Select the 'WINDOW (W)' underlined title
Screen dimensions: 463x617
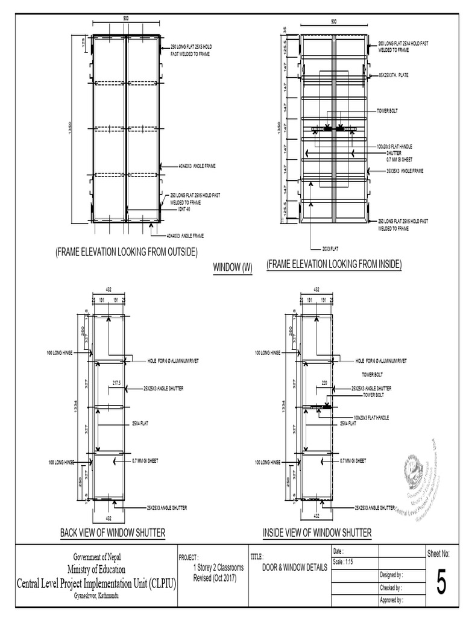(x=233, y=267)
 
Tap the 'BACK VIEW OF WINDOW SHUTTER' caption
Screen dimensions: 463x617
(x=113, y=532)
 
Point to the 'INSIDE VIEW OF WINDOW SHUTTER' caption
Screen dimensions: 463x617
(x=317, y=532)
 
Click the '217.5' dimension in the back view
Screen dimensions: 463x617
(x=116, y=382)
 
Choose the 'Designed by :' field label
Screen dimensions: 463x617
(x=392, y=575)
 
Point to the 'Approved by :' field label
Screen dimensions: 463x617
(x=392, y=600)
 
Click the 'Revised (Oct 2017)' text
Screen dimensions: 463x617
(x=215, y=578)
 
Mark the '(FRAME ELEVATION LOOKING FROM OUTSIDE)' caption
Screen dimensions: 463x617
(x=126, y=251)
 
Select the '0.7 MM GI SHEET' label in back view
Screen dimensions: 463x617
(x=145, y=461)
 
